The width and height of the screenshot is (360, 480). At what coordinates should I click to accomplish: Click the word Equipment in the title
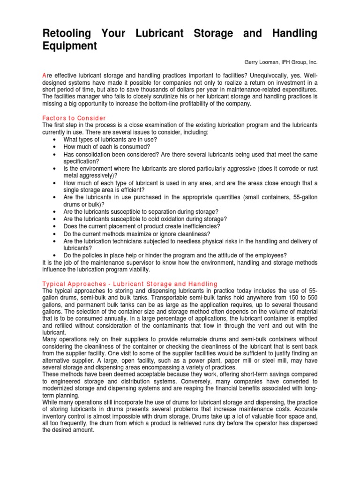pos(70,46)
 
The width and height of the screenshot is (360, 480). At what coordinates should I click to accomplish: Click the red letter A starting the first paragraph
pos(44,75)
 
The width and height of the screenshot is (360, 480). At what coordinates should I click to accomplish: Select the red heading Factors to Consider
pos(74,118)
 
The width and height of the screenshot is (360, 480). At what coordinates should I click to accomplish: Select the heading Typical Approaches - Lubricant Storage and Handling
pos(130,284)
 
